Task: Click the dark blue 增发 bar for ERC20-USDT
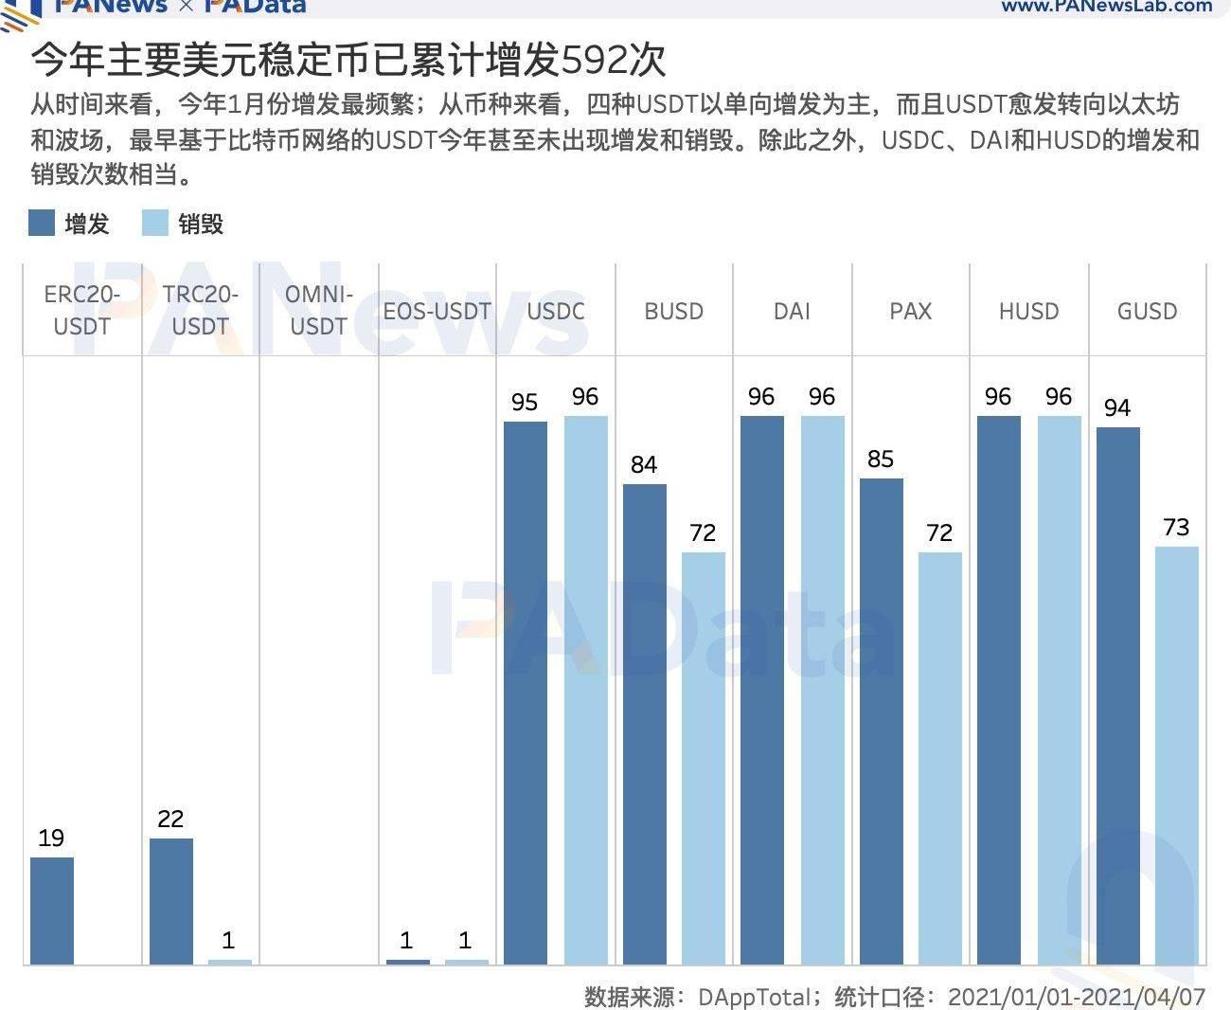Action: [x=52, y=911]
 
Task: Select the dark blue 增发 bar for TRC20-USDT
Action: [x=171, y=901]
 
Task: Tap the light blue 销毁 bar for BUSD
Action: [x=704, y=758]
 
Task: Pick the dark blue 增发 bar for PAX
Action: [x=881, y=721]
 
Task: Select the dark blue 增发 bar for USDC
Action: [x=526, y=693]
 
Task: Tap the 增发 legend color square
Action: [x=42, y=224]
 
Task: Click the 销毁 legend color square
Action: [x=154, y=224]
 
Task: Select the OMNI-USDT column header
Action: [x=319, y=310]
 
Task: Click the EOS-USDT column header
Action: [x=437, y=311]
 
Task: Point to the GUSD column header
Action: [x=1147, y=311]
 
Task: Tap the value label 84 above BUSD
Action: [x=644, y=464]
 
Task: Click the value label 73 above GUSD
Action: [x=1176, y=527]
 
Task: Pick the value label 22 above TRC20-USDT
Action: [x=170, y=819]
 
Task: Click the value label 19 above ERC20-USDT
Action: [x=51, y=838]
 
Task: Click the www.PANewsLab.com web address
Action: [x=1106, y=7]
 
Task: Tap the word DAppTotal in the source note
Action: [x=754, y=997]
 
